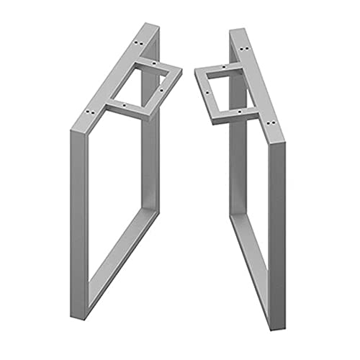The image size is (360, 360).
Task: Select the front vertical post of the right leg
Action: (x=278, y=216)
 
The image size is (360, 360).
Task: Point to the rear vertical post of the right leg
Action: (x=235, y=166)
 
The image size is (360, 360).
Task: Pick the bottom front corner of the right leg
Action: (x=277, y=303)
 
